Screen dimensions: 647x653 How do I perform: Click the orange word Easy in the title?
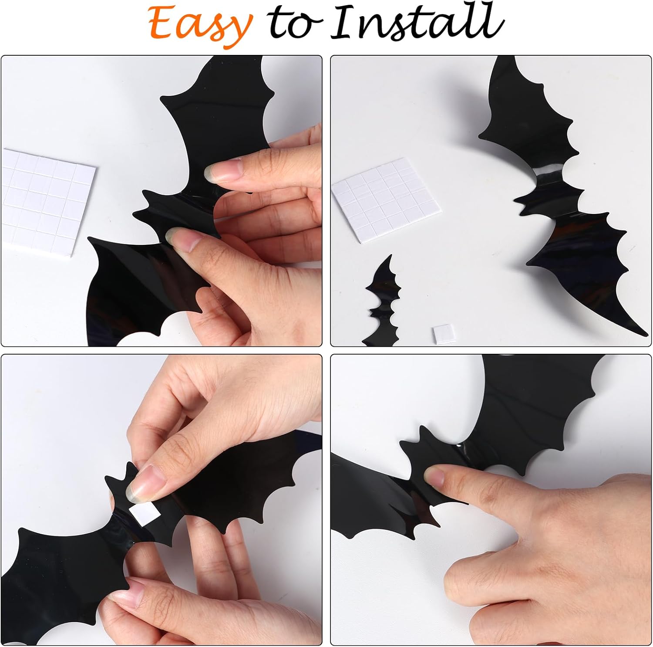click(200, 24)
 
